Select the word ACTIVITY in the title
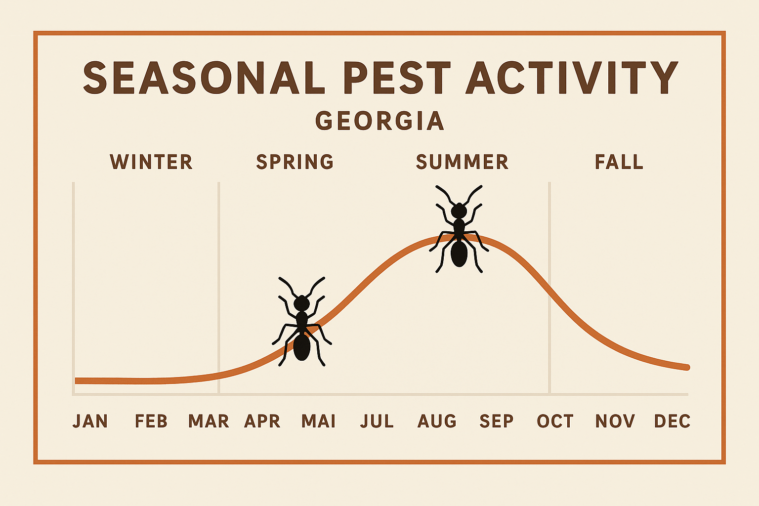pyautogui.click(x=572, y=78)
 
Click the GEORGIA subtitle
pyautogui.click(x=379, y=121)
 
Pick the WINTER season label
pyautogui.click(x=151, y=162)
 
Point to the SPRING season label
pyautogui.click(x=295, y=162)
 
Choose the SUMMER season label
pyautogui.click(x=462, y=162)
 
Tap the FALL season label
pyautogui.click(x=619, y=162)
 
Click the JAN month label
pyautogui.click(x=90, y=422)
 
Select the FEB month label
pyautogui.click(x=151, y=422)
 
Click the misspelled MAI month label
pyautogui.click(x=319, y=422)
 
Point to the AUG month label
pyautogui.click(x=437, y=422)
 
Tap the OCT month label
pyautogui.click(x=555, y=422)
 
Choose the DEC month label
pyautogui.click(x=672, y=422)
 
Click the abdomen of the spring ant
pyautogui.click(x=301, y=347)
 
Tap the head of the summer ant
pyautogui.click(x=459, y=211)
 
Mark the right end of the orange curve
pyautogui.click(x=687, y=367)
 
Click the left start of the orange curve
pyautogui.click(x=77, y=380)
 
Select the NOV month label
pyautogui.click(x=615, y=422)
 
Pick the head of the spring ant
pyautogui.click(x=301, y=303)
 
